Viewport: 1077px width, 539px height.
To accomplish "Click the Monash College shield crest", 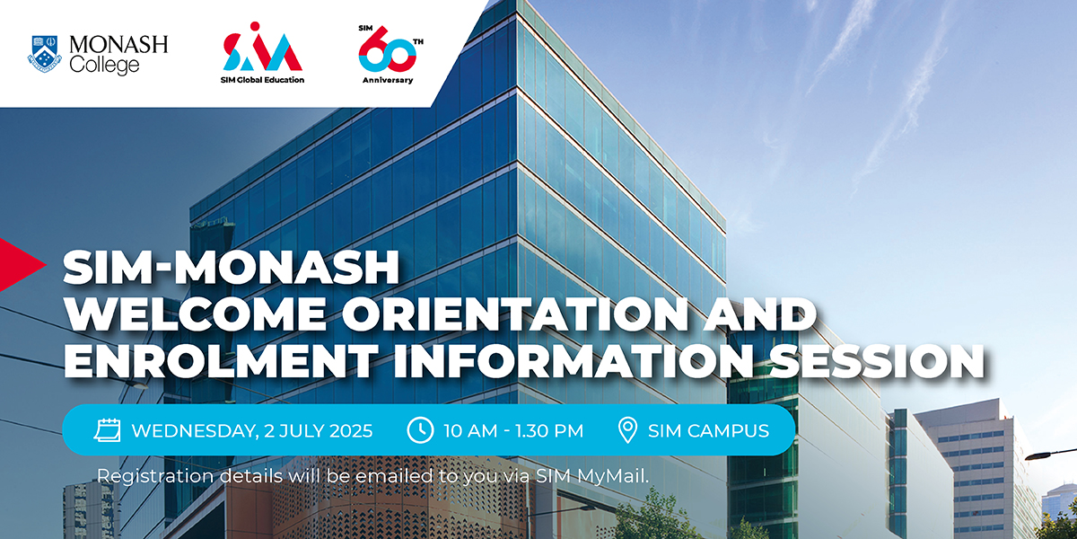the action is (44, 53).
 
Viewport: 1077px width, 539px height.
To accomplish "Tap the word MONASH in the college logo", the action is (118, 45).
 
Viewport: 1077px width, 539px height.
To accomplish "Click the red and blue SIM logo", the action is (262, 47).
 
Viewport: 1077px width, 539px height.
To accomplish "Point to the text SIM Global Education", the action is (262, 80).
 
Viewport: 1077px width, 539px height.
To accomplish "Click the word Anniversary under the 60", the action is (388, 80).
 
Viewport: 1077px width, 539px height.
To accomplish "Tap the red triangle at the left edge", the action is (22, 264).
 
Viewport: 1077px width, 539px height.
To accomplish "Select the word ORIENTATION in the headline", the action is (514, 314).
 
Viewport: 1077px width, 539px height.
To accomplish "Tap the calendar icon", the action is (107, 429).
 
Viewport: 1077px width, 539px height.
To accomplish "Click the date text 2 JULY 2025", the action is (319, 430).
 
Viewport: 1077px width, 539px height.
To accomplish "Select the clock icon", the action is (420, 429).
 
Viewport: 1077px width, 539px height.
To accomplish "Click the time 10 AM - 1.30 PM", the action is (513, 430).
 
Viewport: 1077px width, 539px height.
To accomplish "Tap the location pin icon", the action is (627, 429).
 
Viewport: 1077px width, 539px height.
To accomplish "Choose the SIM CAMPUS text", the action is (708, 430).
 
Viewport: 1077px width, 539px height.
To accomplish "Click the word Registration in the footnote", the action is (155, 477).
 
